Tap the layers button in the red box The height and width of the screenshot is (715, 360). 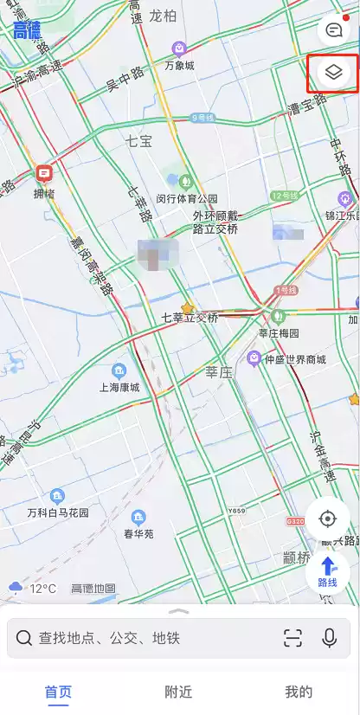click(334, 73)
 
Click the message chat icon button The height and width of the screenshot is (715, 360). click(334, 30)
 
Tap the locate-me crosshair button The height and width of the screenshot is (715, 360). click(328, 519)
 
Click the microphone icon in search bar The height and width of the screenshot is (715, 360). click(329, 639)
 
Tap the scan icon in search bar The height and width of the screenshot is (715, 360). click(293, 639)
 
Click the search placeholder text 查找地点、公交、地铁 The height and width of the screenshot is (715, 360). click(109, 639)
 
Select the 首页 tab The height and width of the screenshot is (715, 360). click(58, 692)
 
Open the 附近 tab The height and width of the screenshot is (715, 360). click(178, 692)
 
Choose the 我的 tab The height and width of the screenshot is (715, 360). click(299, 692)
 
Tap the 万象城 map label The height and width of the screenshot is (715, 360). click(179, 64)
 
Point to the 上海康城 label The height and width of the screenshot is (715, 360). click(119, 387)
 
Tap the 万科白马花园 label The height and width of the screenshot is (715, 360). click(57, 512)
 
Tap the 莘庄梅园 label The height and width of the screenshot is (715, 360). click(279, 332)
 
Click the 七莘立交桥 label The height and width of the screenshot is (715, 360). click(190, 318)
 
